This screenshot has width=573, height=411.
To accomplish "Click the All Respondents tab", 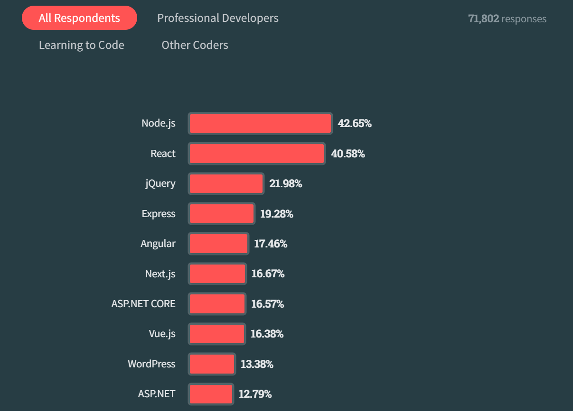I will point(79,18).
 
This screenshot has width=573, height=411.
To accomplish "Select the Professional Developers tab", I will point(218,18).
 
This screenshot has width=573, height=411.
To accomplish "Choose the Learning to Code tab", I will point(82,46).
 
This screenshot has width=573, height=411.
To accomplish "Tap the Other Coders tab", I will point(195,46).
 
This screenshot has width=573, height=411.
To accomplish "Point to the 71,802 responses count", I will point(507,19).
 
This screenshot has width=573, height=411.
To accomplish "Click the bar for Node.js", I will point(260,124).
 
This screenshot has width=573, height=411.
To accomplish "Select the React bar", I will point(257,154).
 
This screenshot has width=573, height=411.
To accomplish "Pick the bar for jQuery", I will point(226,184).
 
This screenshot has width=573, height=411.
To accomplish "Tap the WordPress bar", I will point(212,364).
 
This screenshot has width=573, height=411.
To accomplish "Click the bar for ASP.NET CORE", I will point(217,304).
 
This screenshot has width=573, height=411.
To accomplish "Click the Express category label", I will point(159,214).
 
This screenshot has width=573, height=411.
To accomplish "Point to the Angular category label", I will point(158,244).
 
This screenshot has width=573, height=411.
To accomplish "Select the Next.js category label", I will point(160,274).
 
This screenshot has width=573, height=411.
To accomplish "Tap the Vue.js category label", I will point(162,334).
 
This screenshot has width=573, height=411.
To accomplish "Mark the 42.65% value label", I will point(355,124).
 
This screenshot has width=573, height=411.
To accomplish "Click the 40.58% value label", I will point(348,154).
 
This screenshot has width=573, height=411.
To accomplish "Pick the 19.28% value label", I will point(277,214).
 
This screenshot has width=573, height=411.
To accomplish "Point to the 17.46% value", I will point(271,244).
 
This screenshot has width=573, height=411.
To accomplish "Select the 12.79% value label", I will point(255,394).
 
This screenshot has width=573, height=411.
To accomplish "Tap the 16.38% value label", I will point(267,334).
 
